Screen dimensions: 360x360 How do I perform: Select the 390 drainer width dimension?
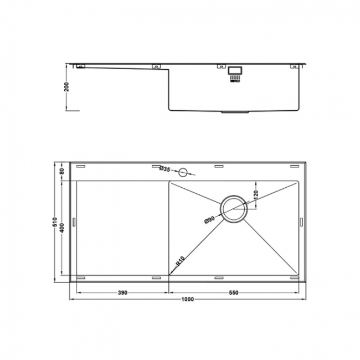point(123,292)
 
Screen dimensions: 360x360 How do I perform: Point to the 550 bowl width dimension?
point(235,292)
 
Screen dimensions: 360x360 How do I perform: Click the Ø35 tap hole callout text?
point(164,169)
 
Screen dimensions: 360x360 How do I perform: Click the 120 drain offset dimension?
point(255,194)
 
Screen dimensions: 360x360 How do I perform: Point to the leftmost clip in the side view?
point(81,66)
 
